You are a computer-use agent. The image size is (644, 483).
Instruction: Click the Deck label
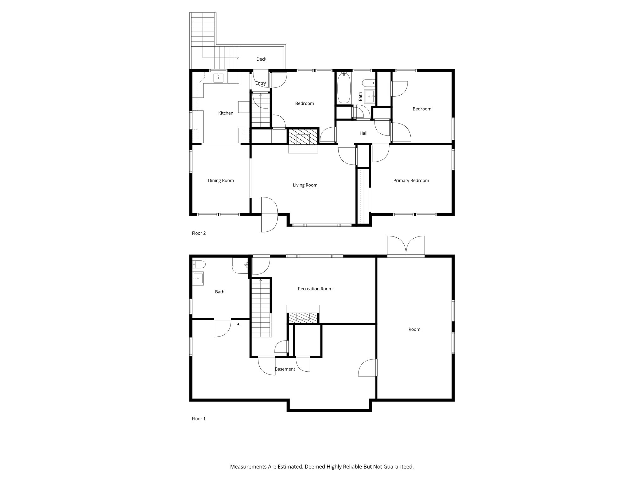tap(261, 59)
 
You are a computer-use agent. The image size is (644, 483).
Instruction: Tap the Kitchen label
tap(226, 113)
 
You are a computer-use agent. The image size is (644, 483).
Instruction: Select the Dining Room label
tap(221, 180)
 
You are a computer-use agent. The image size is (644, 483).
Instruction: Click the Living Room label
tap(305, 185)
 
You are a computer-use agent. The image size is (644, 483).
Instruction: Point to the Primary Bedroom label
tap(411, 180)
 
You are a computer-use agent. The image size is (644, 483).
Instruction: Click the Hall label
tap(363, 133)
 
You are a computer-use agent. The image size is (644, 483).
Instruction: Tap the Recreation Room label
tap(315, 289)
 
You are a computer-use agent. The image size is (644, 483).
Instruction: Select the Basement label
tap(285, 369)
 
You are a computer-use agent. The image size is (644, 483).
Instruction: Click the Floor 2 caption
tap(199, 233)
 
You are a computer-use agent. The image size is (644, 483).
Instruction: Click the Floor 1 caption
tap(199, 419)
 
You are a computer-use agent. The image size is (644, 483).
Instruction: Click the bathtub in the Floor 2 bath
tap(344, 88)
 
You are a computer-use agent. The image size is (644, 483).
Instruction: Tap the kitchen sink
tap(219, 77)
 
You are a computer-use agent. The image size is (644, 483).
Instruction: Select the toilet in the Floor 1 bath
tap(199, 264)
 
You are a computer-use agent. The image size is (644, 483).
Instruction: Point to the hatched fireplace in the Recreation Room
tap(303, 317)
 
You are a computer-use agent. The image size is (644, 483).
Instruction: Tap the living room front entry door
tap(269, 215)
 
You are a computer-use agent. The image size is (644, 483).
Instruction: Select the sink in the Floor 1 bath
tap(198, 278)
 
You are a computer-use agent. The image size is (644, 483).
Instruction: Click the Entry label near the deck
tap(261, 83)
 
